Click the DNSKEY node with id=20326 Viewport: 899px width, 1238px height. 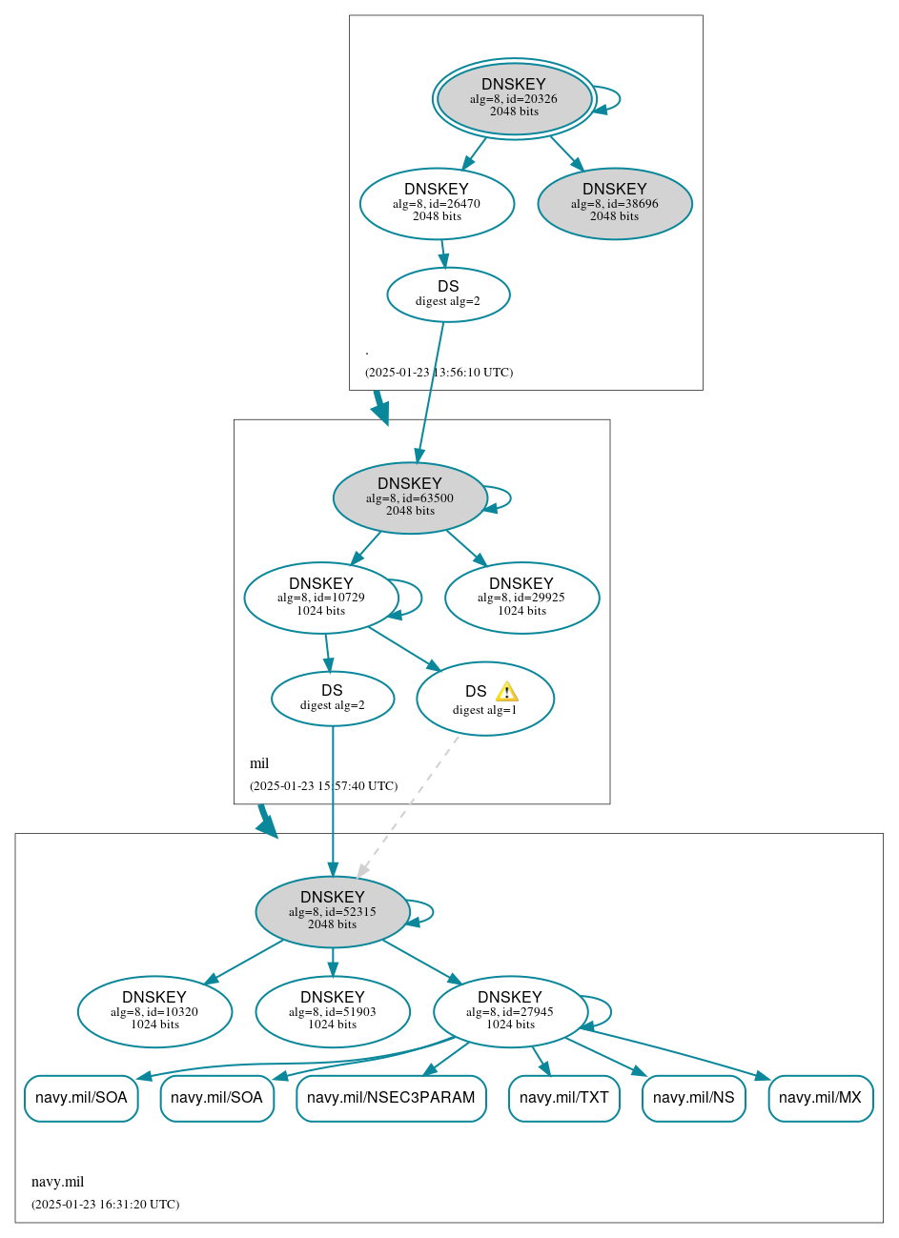tap(514, 98)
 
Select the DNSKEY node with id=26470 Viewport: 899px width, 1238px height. tap(437, 203)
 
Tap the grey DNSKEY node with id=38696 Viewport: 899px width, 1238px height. tap(615, 203)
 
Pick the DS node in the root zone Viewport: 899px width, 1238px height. tap(448, 294)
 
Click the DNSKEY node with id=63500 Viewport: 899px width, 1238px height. tap(410, 497)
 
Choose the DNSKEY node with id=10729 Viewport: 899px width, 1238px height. tap(321, 598)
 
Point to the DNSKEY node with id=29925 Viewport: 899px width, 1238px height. tap(521, 598)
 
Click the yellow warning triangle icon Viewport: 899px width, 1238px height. tap(506, 692)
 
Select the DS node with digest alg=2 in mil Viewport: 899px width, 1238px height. tap(333, 699)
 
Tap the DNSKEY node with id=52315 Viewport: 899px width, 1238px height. tap(333, 911)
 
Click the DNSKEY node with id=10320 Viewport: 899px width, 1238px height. tap(154, 1011)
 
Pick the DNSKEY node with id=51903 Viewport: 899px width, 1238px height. tap(333, 1011)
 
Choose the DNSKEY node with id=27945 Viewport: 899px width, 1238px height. tap(510, 1011)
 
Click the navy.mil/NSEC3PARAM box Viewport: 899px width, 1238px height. tap(391, 1098)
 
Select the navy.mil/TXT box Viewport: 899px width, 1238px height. tap(564, 1098)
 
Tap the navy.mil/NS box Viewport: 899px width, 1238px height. tap(693, 1098)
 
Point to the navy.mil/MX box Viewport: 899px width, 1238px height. tap(820, 1098)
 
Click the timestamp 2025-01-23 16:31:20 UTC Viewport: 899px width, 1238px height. tap(105, 1205)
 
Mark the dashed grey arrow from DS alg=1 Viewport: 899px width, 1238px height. tap(408, 806)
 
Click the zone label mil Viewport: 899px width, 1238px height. tap(259, 763)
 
